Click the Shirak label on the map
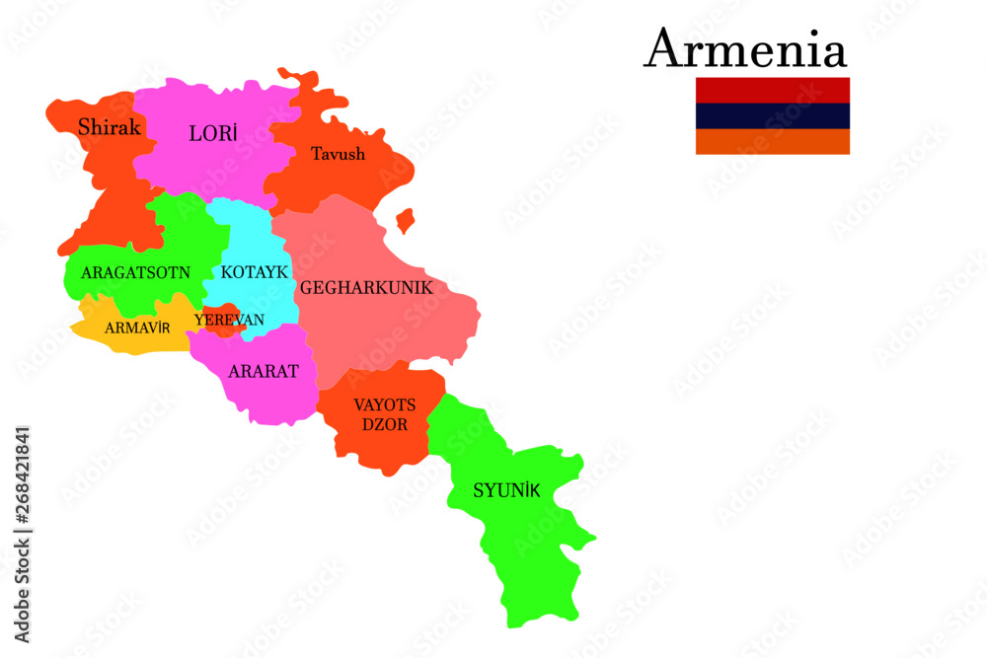point(110,127)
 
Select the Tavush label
point(338,154)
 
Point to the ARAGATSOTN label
point(135,272)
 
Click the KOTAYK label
point(254,271)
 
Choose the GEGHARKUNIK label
point(366,289)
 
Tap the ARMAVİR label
point(138,328)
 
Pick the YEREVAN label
point(229,320)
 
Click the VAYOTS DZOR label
point(384,413)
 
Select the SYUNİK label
point(506,490)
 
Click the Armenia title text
point(745,49)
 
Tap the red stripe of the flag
point(772,90)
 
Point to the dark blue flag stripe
point(772,115)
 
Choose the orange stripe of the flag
point(772,141)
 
